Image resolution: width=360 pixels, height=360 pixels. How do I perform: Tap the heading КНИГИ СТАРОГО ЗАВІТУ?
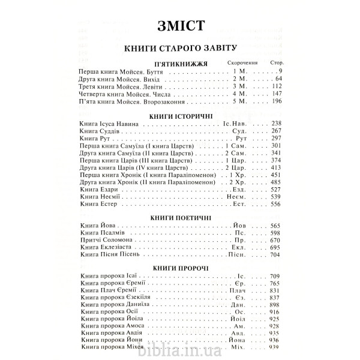pos(180,48)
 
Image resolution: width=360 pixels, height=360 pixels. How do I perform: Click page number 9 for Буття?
pos(280,71)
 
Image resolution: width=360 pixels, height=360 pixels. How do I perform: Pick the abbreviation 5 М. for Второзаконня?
pos(239,101)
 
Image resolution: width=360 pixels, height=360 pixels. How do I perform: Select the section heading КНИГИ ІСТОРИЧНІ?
pos(180,115)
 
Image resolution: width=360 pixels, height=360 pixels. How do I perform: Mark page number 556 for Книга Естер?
pos(275,204)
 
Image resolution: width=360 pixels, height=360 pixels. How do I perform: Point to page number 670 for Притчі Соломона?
pos(275,240)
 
